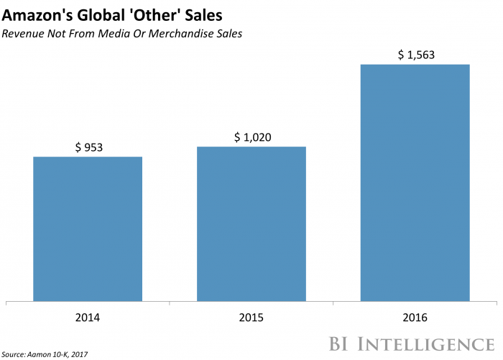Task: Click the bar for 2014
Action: tap(88, 229)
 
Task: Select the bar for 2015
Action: tap(251, 223)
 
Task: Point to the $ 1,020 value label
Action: tap(251, 137)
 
